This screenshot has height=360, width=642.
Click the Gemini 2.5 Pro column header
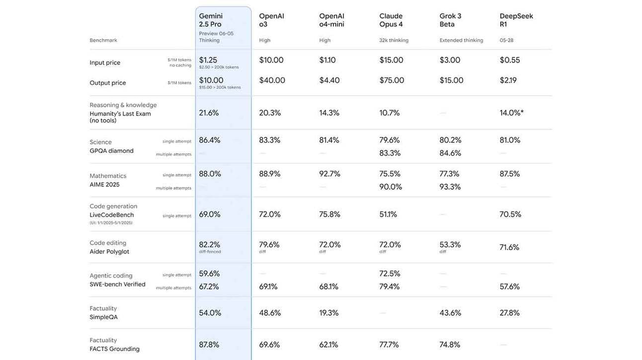[211, 20]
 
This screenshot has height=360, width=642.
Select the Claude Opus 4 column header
[391, 20]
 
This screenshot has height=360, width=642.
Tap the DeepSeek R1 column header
[516, 20]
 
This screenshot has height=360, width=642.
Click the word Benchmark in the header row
[103, 40]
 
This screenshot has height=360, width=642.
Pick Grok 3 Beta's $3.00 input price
[450, 60]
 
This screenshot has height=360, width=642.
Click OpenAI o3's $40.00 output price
[272, 80]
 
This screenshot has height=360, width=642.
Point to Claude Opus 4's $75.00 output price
[392, 80]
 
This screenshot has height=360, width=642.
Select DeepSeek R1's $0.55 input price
[510, 60]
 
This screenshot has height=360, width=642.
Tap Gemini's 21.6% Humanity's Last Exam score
[209, 113]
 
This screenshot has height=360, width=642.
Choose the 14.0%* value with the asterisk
[511, 113]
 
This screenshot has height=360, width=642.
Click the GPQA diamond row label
[111, 151]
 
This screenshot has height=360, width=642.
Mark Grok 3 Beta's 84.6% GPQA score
[450, 153]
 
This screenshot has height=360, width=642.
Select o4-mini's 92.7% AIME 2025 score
[329, 174]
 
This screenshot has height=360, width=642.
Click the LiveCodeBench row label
[112, 215]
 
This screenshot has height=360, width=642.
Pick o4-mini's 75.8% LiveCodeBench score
[329, 214]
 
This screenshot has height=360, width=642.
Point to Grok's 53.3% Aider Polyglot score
[450, 245]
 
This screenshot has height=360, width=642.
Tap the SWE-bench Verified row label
[117, 284]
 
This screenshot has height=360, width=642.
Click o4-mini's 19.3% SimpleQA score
[328, 313]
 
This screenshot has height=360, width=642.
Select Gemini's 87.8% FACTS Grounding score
[209, 345]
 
